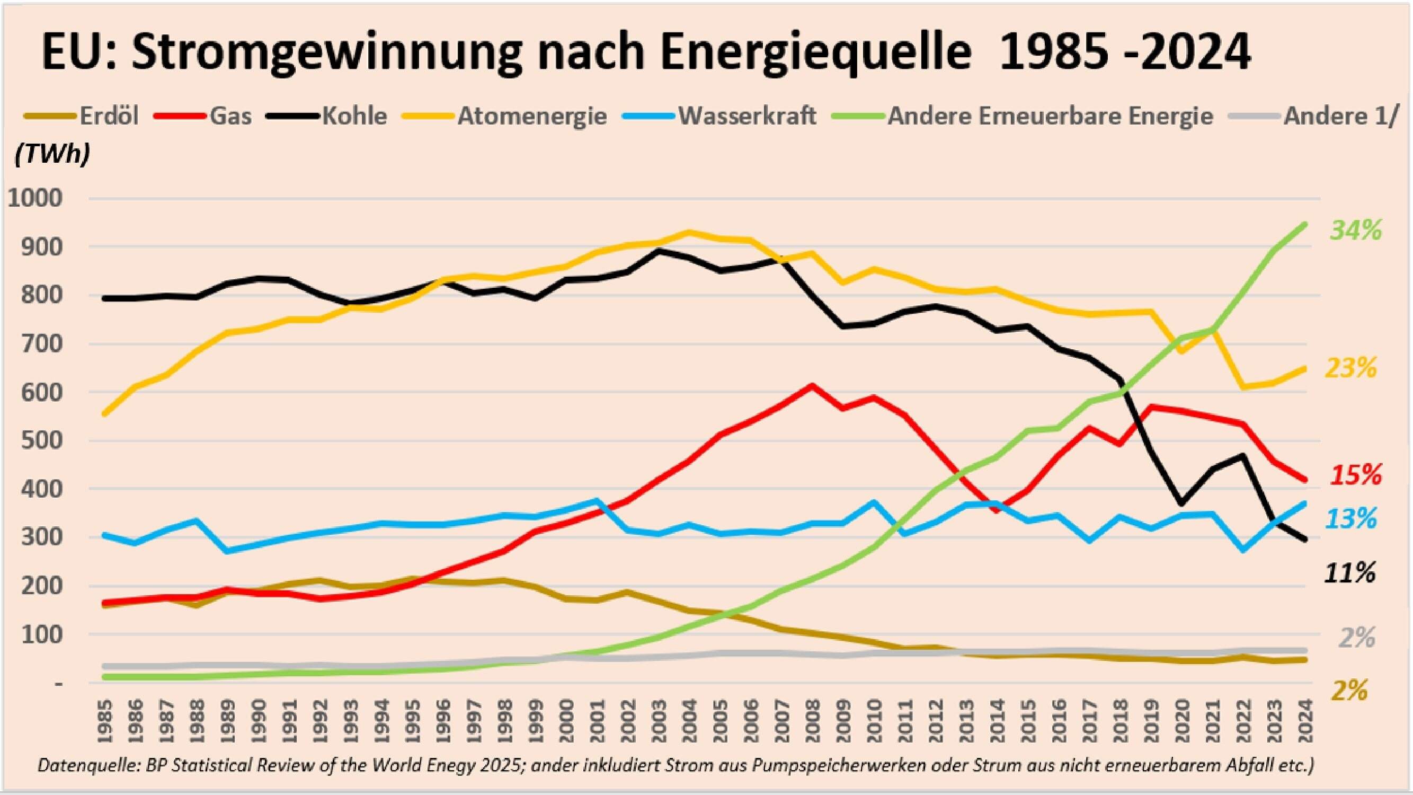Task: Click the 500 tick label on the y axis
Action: point(42,441)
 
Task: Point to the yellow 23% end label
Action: point(1350,368)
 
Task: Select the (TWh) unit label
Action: point(52,155)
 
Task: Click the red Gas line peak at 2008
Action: point(812,386)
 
